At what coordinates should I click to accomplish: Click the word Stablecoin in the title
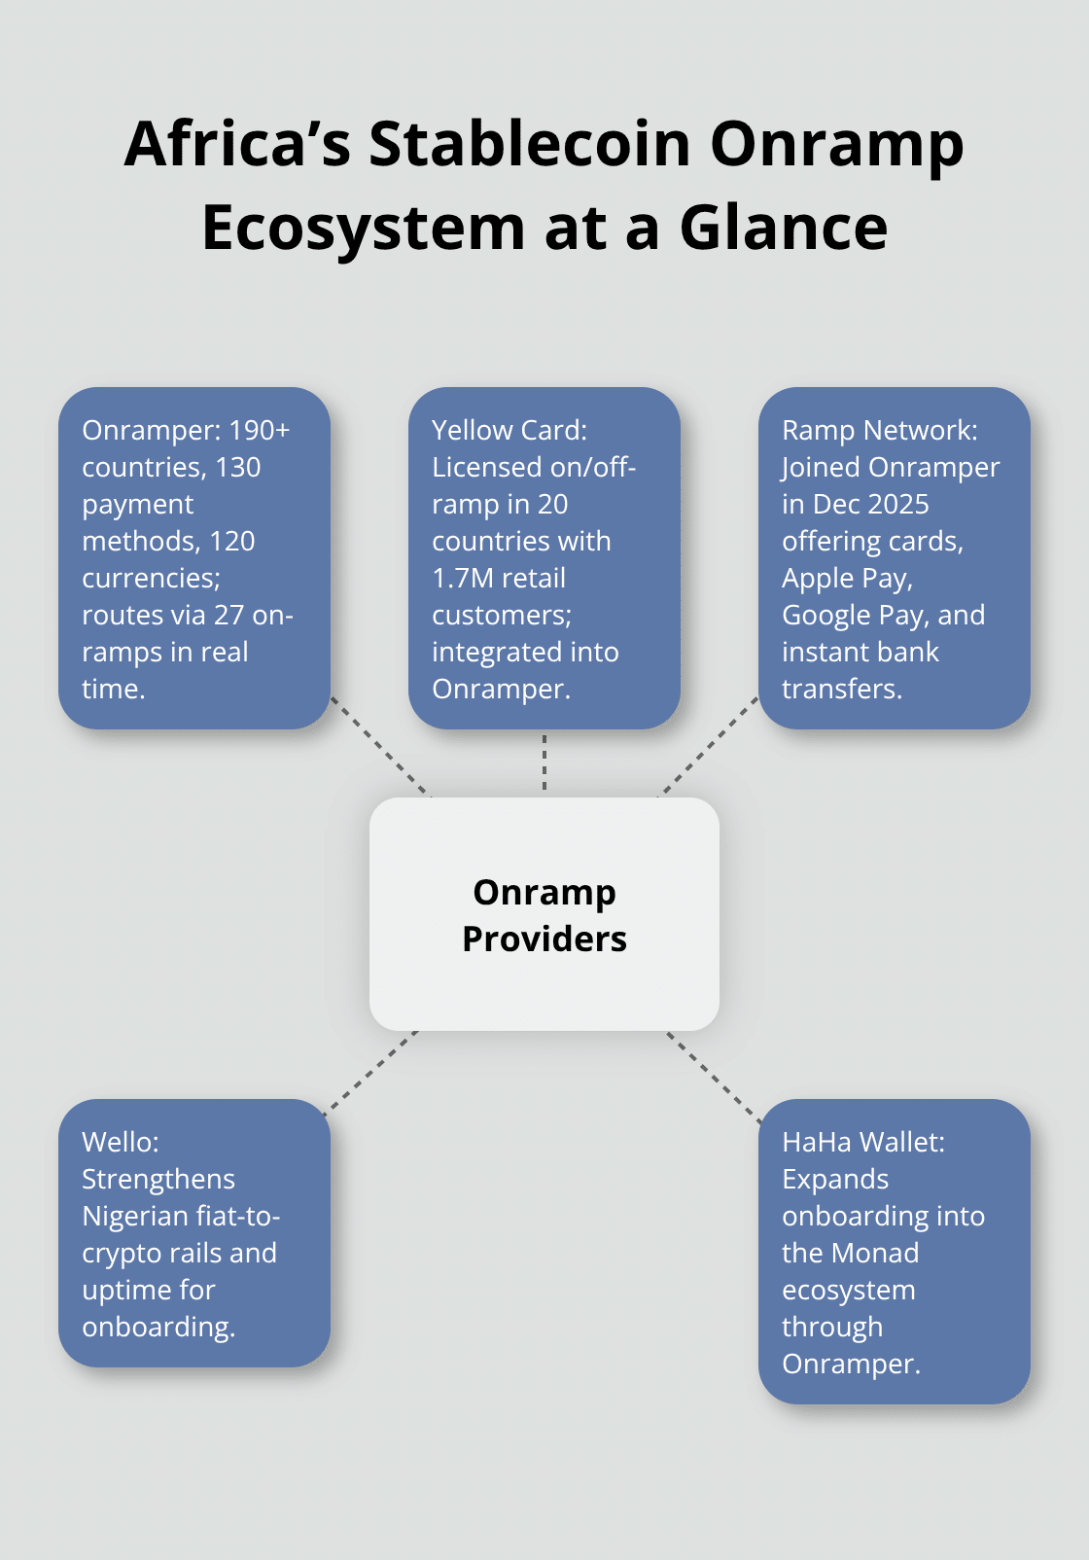530,144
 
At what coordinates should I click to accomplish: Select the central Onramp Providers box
544,914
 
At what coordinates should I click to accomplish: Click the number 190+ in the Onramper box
259,431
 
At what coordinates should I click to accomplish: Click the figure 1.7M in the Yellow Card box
464,579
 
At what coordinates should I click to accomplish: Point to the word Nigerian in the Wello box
135,1217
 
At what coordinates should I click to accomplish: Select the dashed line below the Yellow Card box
544,763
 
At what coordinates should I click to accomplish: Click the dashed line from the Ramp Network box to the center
710,746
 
